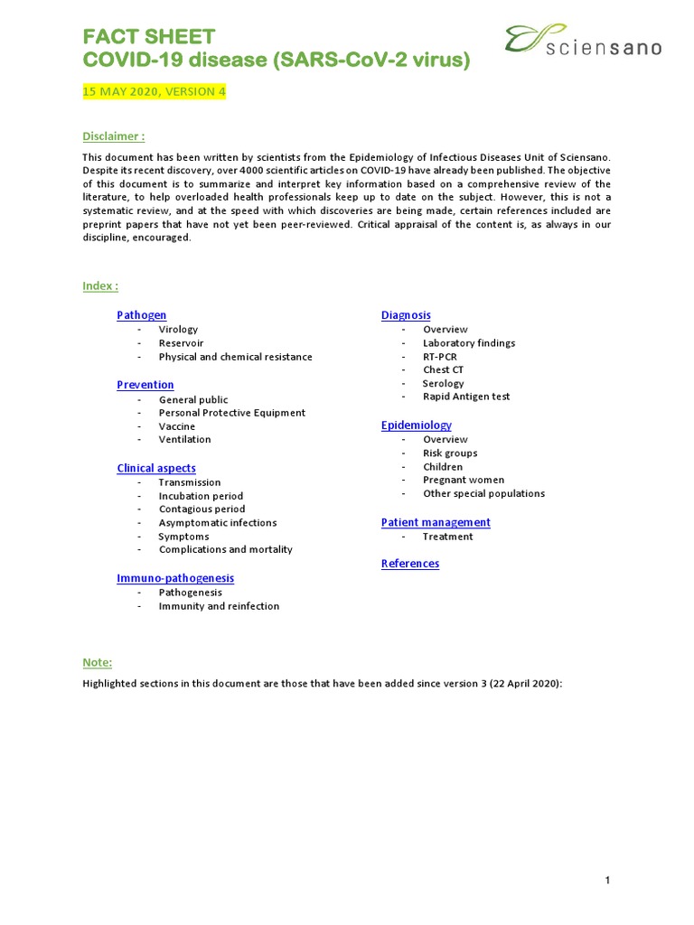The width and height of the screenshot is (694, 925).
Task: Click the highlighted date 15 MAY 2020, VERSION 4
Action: click(x=155, y=91)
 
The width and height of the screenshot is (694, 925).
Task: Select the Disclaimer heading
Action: click(x=114, y=136)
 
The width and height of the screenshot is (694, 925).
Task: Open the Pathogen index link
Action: click(x=142, y=315)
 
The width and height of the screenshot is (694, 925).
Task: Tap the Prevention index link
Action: click(x=145, y=385)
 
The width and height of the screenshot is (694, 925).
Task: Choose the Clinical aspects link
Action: click(x=156, y=468)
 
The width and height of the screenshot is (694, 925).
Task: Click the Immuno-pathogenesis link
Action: click(x=175, y=578)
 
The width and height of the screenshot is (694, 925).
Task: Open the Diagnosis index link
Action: click(x=406, y=315)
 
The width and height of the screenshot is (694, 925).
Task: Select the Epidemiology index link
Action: click(x=417, y=425)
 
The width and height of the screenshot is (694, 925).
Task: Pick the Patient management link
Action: click(x=436, y=522)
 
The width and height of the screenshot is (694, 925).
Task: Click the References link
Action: click(x=410, y=564)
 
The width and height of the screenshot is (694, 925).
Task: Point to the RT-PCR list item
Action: click(x=440, y=357)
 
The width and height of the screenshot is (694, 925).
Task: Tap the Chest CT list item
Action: click(x=444, y=370)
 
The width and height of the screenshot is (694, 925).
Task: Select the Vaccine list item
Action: click(x=177, y=426)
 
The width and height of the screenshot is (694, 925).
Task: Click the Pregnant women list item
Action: click(x=464, y=481)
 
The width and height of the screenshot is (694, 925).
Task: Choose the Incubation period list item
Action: click(x=201, y=496)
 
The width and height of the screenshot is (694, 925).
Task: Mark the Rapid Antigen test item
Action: click(x=466, y=397)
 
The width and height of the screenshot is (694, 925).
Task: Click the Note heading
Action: click(x=98, y=663)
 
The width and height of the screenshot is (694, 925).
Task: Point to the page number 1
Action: click(x=608, y=881)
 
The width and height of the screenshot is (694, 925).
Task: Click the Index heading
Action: click(x=100, y=286)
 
